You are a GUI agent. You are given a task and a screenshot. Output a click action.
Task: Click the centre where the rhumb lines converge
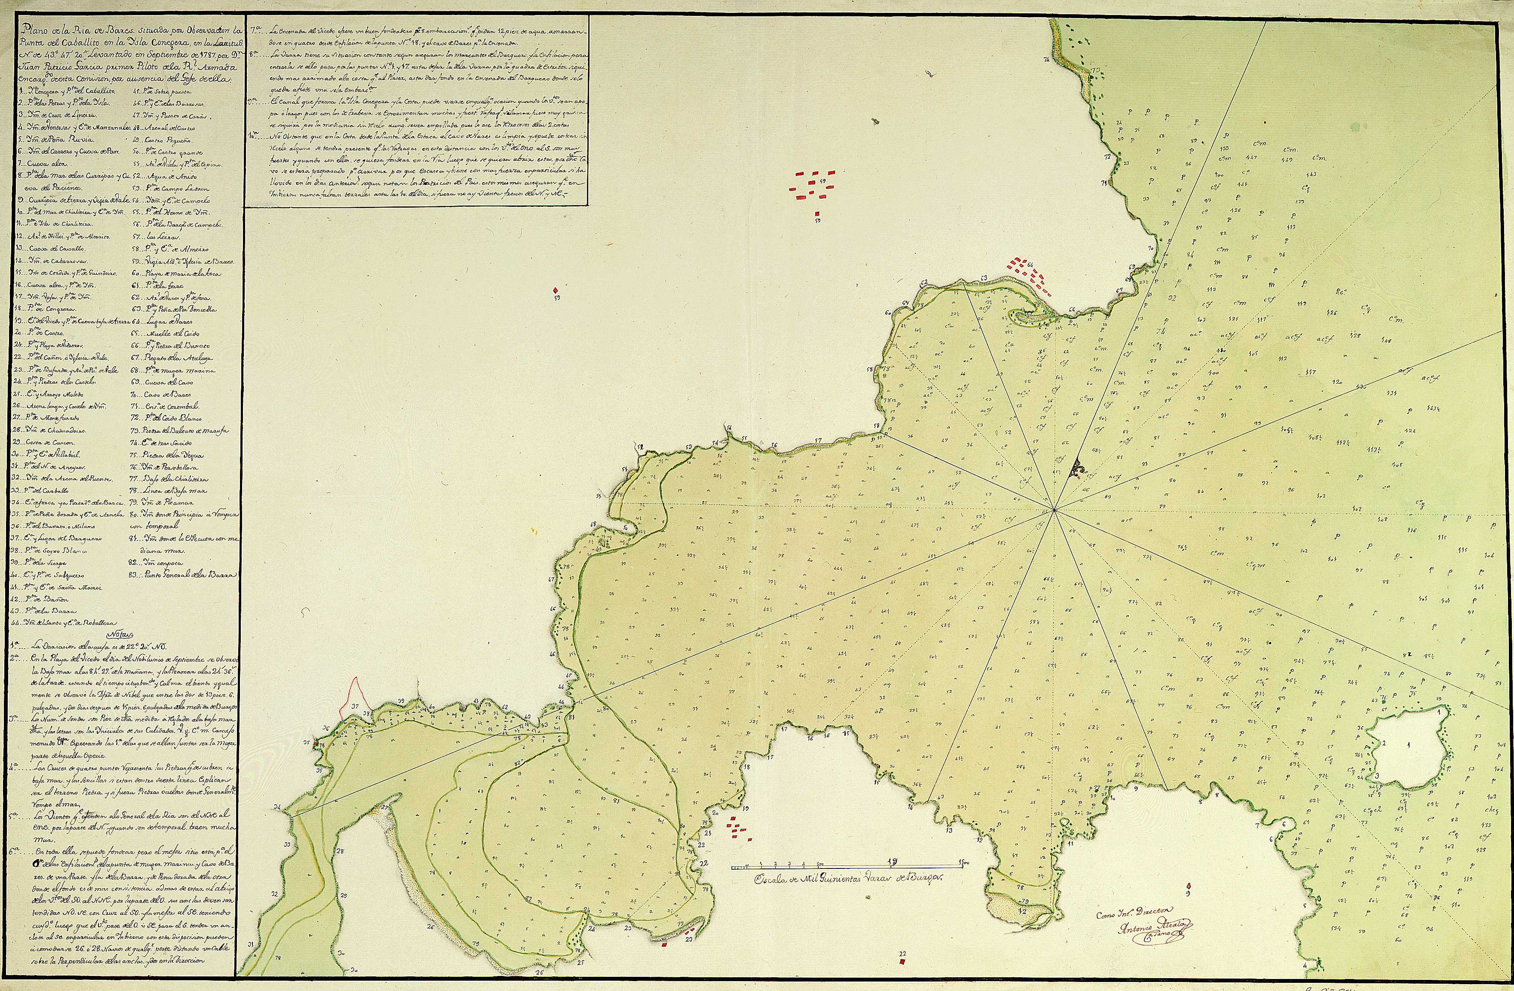pyautogui.click(x=1055, y=509)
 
